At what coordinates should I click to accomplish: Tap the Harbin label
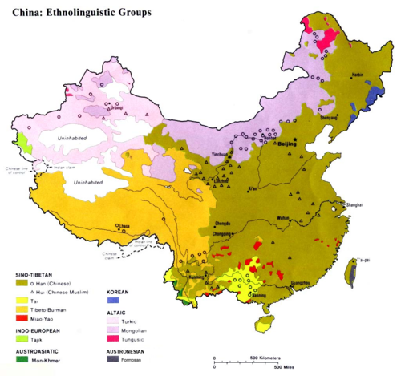(357, 75)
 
